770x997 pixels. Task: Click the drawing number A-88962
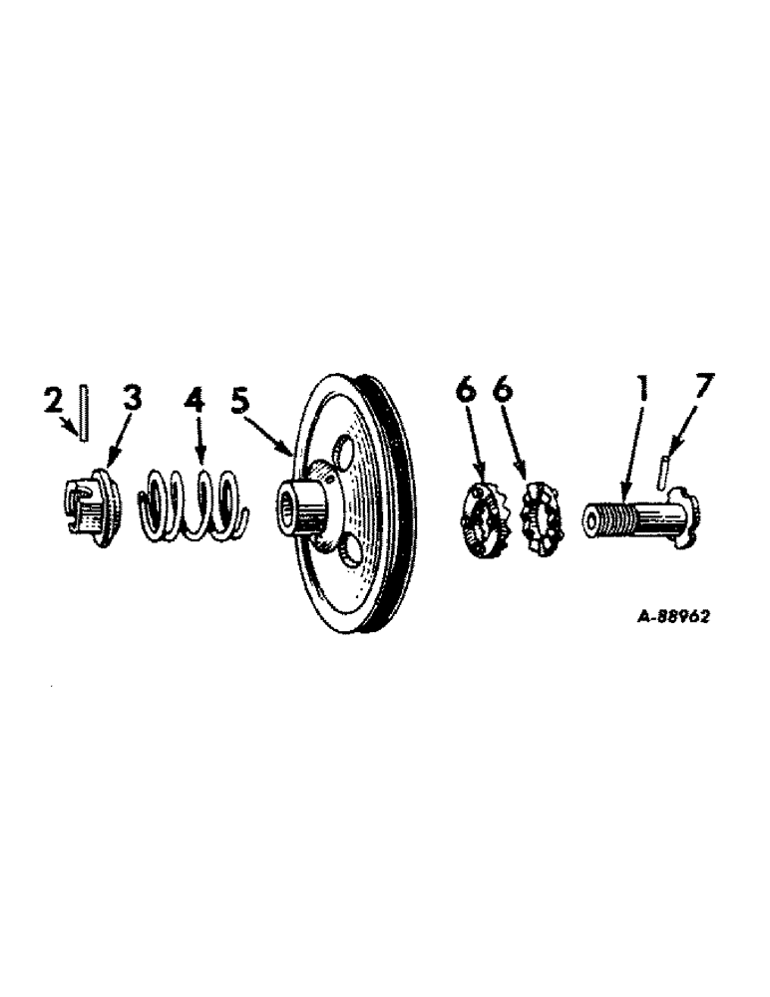pyautogui.click(x=673, y=617)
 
